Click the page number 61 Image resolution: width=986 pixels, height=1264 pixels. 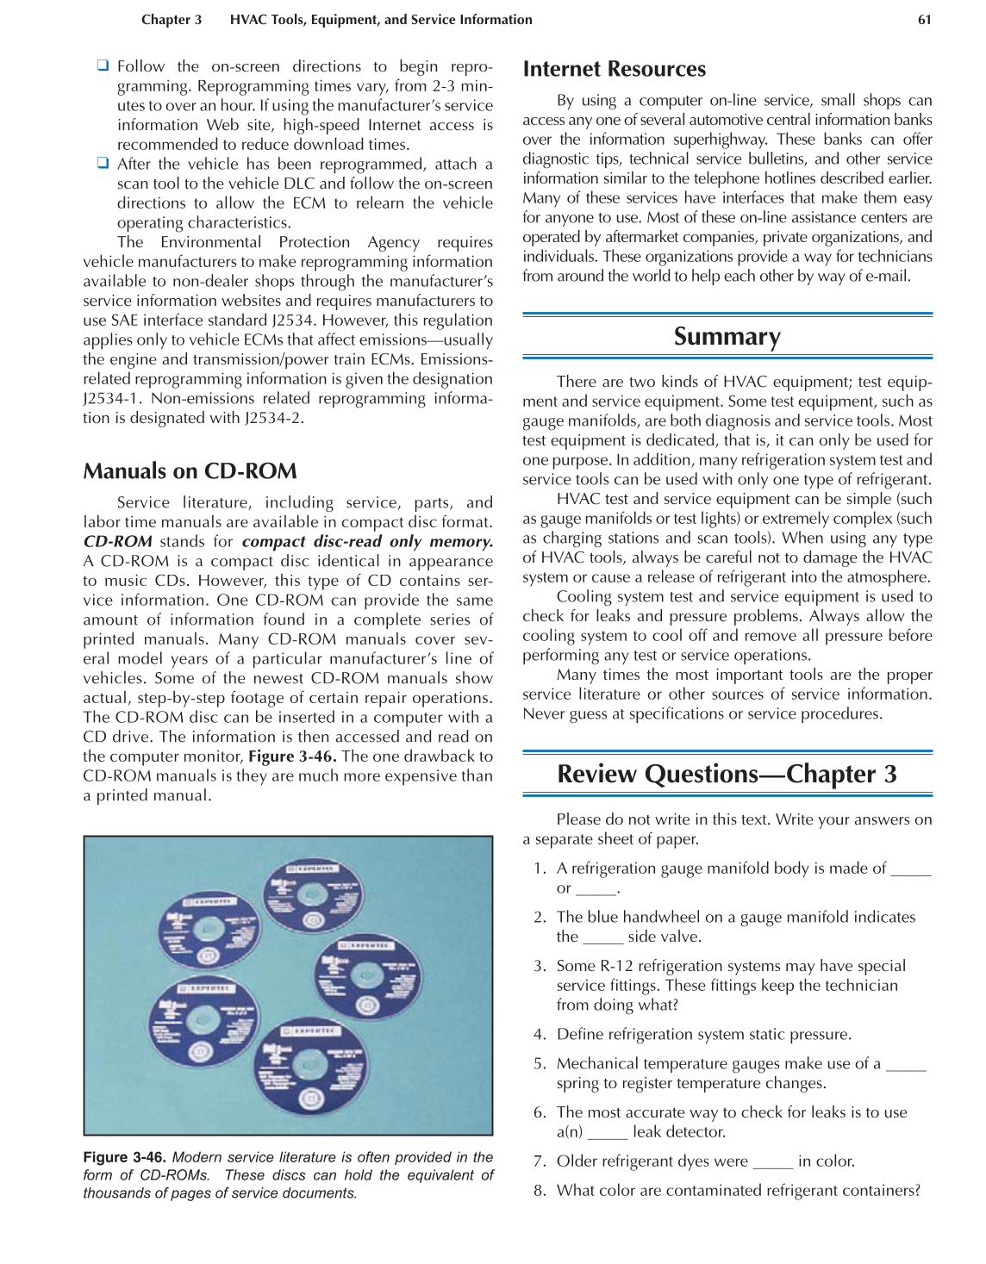click(924, 20)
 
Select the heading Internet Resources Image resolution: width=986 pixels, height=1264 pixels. click(614, 69)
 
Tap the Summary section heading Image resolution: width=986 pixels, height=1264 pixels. click(727, 336)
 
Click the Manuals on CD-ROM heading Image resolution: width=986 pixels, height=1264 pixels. click(190, 471)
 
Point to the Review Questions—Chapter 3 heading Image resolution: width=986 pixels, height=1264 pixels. click(727, 774)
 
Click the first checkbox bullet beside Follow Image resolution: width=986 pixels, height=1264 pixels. click(103, 65)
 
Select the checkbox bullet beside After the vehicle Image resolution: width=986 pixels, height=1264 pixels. click(103, 163)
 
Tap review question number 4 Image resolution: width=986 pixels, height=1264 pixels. click(540, 1034)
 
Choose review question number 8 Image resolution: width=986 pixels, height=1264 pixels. click(540, 1190)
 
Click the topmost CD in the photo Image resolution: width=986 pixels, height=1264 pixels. click(312, 894)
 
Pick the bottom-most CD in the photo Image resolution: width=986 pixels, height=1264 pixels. click(310, 1067)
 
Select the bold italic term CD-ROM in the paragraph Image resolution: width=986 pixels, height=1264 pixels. click(117, 542)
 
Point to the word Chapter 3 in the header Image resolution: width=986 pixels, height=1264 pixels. click(172, 20)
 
